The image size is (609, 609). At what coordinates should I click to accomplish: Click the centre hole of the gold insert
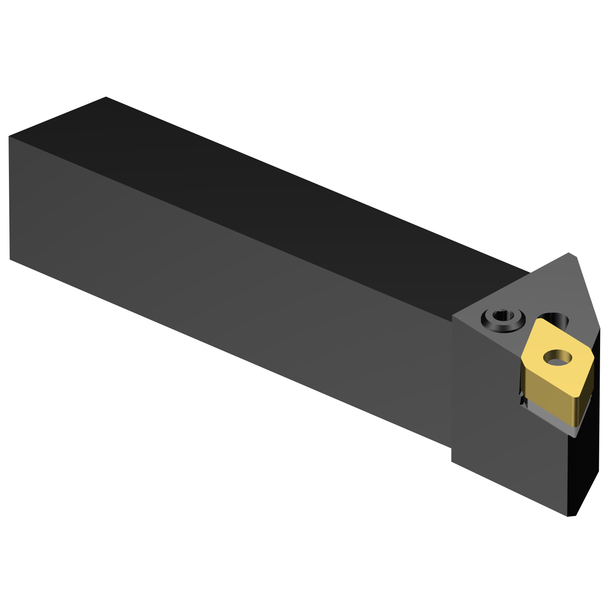[x=557, y=358]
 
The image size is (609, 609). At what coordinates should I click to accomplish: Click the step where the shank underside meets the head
[x=451, y=449]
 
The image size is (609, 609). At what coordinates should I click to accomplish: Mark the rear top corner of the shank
[x=106, y=97]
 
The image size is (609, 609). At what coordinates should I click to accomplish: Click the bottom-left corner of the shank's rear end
[x=10, y=259]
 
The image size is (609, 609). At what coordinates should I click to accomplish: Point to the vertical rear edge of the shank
[x=9, y=199]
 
